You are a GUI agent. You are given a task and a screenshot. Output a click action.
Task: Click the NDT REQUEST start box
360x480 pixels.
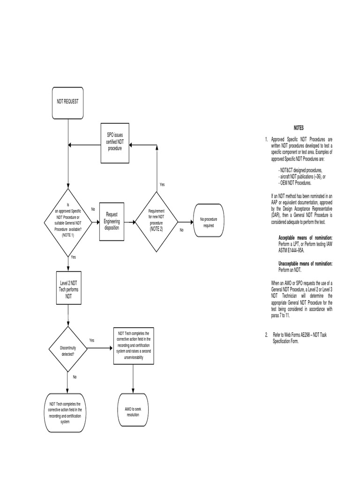[68, 102]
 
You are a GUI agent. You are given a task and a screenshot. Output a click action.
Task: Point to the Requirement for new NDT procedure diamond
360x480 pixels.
[156, 221]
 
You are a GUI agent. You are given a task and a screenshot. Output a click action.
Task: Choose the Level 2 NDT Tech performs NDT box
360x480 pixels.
[68, 290]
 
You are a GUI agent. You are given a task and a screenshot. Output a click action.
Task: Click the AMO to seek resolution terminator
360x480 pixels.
[133, 412]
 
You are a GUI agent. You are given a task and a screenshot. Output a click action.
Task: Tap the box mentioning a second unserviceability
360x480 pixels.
[134, 345]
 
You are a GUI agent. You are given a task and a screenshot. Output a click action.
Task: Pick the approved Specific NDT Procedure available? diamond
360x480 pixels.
[68, 222]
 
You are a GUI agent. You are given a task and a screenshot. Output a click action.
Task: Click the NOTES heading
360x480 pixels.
[299, 127]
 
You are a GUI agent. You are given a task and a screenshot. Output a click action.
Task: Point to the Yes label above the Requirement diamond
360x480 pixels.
[162, 185]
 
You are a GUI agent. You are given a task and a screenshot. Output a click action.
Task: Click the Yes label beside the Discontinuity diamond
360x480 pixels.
[92, 340]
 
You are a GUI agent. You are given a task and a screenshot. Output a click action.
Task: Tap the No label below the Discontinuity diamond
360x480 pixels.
[74, 377]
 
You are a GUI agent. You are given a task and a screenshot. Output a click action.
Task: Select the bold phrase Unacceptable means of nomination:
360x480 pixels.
[305, 264]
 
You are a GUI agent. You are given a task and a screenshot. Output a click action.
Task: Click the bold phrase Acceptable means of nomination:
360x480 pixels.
[305, 238]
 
